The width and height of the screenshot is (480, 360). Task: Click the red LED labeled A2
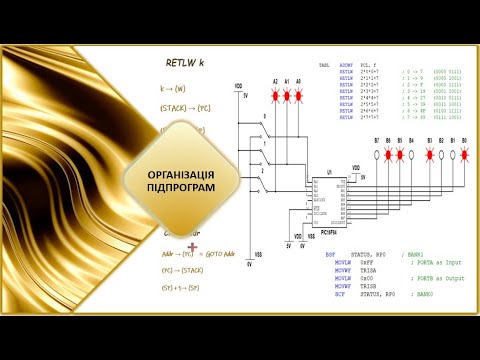tap(276, 95)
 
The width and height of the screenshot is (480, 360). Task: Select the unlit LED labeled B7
tap(377, 155)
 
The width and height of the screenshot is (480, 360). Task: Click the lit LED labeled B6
tap(389, 155)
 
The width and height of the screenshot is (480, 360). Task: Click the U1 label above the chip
tap(314, 172)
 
